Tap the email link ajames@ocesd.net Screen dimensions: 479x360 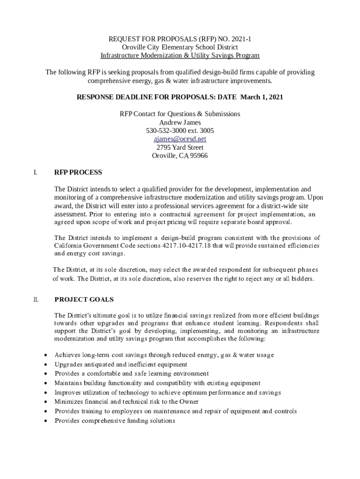coord(180,139)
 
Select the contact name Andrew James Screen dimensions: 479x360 coord(180,122)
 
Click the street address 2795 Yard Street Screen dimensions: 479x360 coord(180,147)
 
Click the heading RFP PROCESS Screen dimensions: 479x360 coord(78,173)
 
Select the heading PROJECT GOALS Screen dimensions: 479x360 coord(84,299)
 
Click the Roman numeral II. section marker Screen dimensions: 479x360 coord(36,299)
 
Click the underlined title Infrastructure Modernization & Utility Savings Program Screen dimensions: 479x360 coord(180,56)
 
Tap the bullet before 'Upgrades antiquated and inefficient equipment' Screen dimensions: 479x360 coord(45,364)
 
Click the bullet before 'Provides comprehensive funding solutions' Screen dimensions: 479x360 coord(45,421)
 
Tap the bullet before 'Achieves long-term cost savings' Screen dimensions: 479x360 coord(45,355)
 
